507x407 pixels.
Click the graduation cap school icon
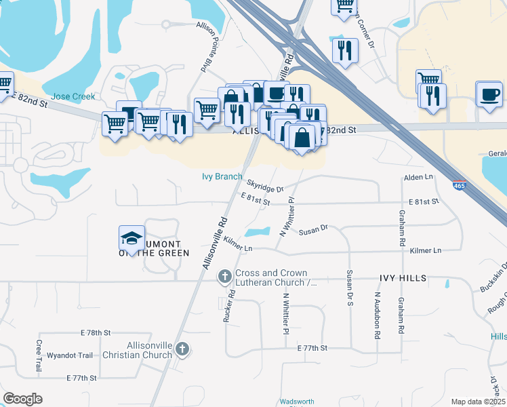point(131,239)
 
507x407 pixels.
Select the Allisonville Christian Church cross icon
point(181,349)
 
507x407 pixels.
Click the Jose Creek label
point(73,96)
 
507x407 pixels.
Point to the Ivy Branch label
point(222,176)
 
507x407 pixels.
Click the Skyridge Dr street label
point(265,185)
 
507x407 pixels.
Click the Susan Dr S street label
point(350,288)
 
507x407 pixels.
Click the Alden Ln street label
point(418,177)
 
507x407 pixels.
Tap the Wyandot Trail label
point(69,355)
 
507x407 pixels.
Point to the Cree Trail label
point(39,355)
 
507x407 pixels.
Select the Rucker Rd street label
point(231,306)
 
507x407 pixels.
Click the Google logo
point(23,399)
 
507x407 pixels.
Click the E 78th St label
point(95,333)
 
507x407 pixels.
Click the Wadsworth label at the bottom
point(292,402)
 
